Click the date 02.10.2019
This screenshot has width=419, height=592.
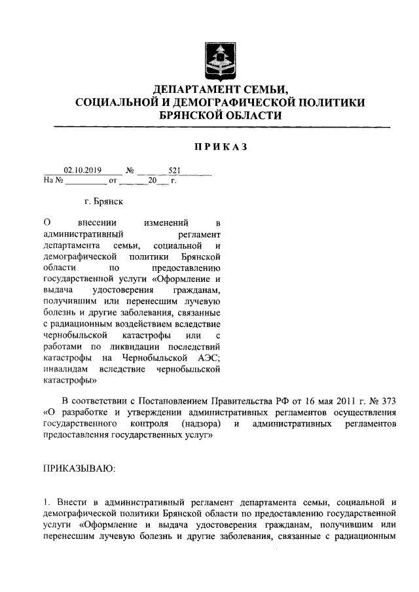coord(79,169)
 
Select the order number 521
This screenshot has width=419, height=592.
coord(174,169)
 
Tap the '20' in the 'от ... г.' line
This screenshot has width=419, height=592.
coord(153,179)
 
